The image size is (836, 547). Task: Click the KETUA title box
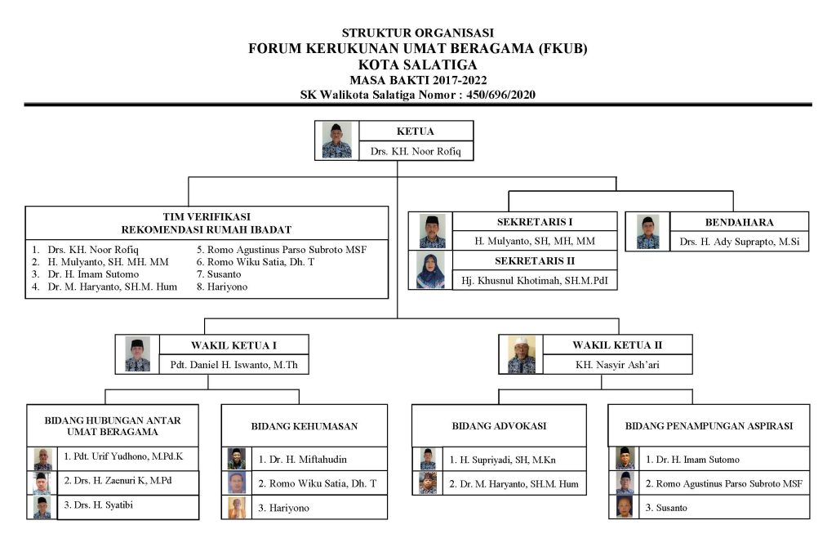415,131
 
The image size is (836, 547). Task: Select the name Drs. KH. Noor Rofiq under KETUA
415,151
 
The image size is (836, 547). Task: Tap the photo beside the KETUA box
336,140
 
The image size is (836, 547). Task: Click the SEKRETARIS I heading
535,222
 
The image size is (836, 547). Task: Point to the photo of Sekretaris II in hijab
430,270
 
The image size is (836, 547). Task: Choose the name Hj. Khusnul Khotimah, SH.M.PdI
535,280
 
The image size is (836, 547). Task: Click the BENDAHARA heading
739,222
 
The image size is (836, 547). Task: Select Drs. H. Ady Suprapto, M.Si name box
739,242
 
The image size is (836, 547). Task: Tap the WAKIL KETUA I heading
233,345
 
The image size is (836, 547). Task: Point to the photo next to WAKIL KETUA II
522,354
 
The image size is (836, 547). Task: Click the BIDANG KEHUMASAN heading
304,426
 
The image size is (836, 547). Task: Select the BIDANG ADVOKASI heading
498,426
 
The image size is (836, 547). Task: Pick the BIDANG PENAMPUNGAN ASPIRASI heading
709,426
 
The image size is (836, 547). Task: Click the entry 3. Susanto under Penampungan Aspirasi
722,508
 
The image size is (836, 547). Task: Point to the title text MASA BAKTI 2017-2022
417,80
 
